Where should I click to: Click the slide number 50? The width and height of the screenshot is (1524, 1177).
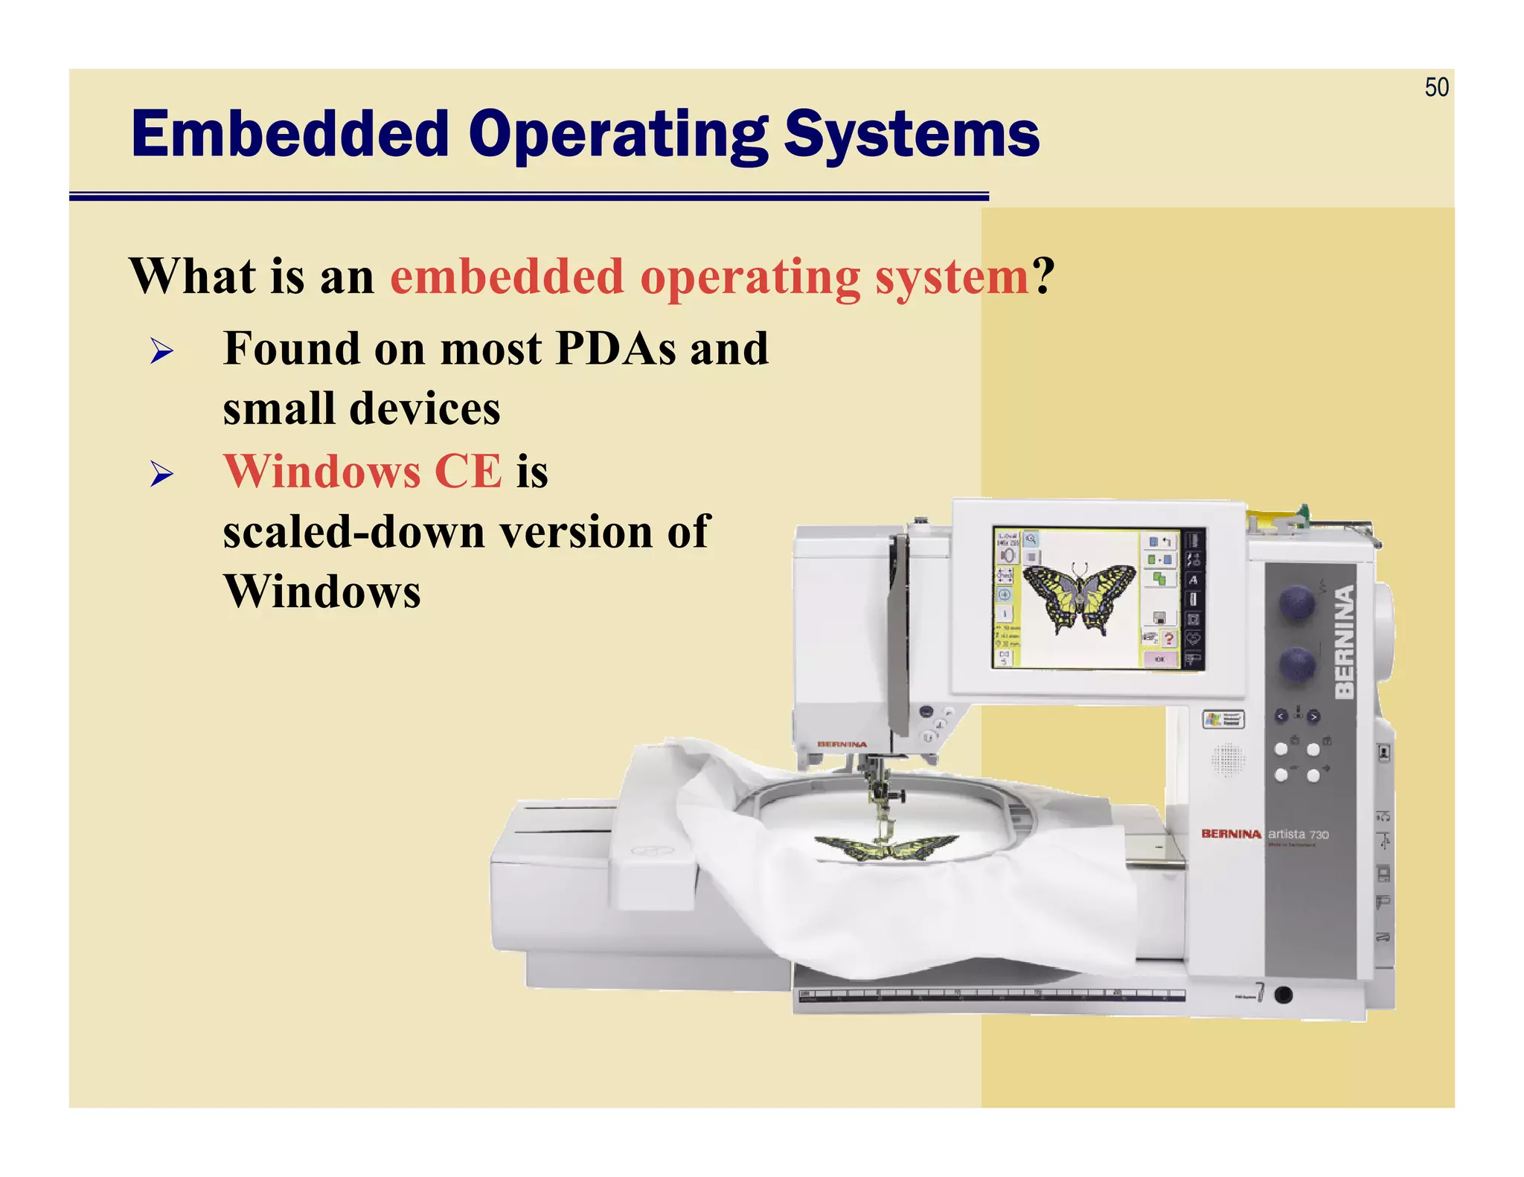1436,88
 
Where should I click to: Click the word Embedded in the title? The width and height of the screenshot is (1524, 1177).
290,135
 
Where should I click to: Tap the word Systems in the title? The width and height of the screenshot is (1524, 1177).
912,135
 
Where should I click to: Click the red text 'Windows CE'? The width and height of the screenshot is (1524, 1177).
363,472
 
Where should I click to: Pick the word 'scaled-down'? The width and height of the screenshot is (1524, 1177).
353,532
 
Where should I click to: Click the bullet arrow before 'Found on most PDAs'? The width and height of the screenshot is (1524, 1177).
161,350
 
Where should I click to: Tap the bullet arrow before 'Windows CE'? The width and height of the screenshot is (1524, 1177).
161,474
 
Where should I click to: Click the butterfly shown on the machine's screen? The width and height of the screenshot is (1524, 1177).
1079,595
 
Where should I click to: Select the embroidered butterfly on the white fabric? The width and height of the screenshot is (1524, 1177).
886,847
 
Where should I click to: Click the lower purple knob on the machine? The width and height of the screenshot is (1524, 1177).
1297,664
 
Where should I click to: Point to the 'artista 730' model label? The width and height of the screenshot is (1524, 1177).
1299,835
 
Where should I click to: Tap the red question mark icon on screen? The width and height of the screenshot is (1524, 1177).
1169,638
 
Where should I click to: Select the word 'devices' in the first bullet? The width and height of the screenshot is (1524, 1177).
425,409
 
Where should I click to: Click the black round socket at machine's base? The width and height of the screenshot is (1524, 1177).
1283,995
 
